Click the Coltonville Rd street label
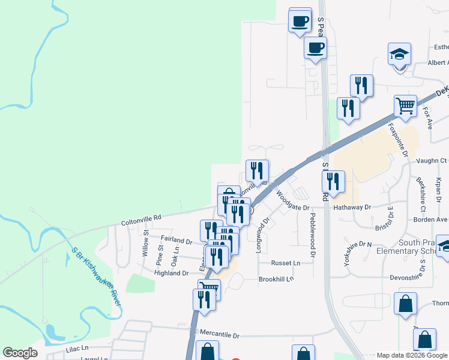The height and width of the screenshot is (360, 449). pyautogui.click(x=142, y=218)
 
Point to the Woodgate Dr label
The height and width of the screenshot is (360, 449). pyautogui.click(x=292, y=202)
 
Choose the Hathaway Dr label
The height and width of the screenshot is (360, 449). pyautogui.click(x=352, y=207)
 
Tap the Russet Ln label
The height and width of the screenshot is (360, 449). pyautogui.click(x=285, y=263)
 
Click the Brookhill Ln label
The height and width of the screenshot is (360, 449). pyautogui.click(x=276, y=279)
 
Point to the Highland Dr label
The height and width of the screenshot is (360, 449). pyautogui.click(x=172, y=273)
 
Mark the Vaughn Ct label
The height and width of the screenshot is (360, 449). pyautogui.click(x=435, y=161)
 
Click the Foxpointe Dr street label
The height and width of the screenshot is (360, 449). pyautogui.click(x=398, y=140)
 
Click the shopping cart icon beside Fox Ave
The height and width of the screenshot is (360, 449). pyautogui.click(x=406, y=106)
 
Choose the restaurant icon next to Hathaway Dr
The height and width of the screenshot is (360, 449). pyautogui.click(x=333, y=182)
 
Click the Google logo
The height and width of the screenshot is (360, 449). pyautogui.click(x=20, y=353)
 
